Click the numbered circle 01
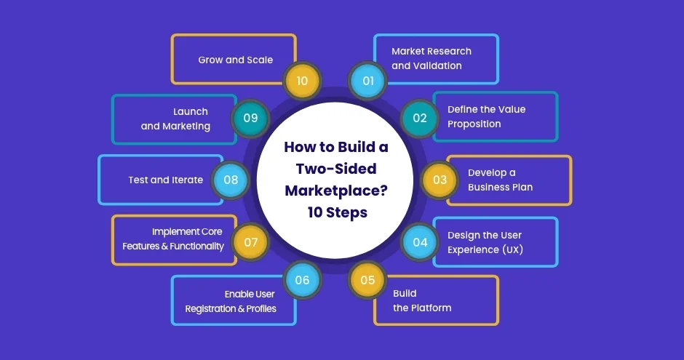[367, 81]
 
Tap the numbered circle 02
[420, 118]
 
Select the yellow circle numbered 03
[440, 180]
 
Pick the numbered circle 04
[420, 242]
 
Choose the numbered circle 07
[250, 242]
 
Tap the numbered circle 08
[231, 180]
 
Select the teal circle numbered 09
[250, 118]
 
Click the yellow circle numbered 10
[302, 81]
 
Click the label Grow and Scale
[236, 60]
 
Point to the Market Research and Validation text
[432, 58]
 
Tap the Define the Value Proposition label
[486, 116]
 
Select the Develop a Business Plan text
[500, 180]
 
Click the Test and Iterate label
[166, 180]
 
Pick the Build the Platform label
[422, 300]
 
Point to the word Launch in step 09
[191, 111]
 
